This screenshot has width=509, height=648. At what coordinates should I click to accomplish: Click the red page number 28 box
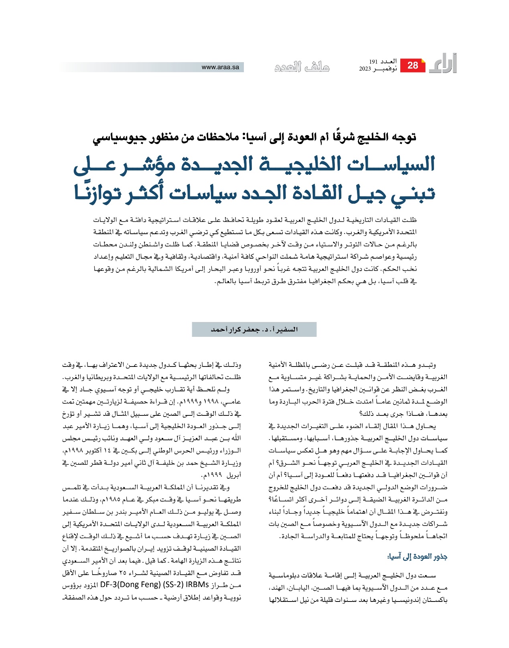[412, 65]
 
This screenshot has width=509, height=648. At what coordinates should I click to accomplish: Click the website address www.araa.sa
[220, 67]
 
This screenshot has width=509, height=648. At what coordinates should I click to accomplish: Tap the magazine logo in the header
[443, 64]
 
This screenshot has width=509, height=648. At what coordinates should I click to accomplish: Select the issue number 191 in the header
[373, 62]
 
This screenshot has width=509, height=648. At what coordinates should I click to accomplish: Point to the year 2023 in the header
[365, 69]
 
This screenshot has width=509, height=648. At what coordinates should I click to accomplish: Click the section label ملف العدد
[302, 67]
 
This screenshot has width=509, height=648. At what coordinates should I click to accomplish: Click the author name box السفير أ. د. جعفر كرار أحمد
[254, 330]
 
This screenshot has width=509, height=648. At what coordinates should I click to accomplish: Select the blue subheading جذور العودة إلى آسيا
[418, 557]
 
